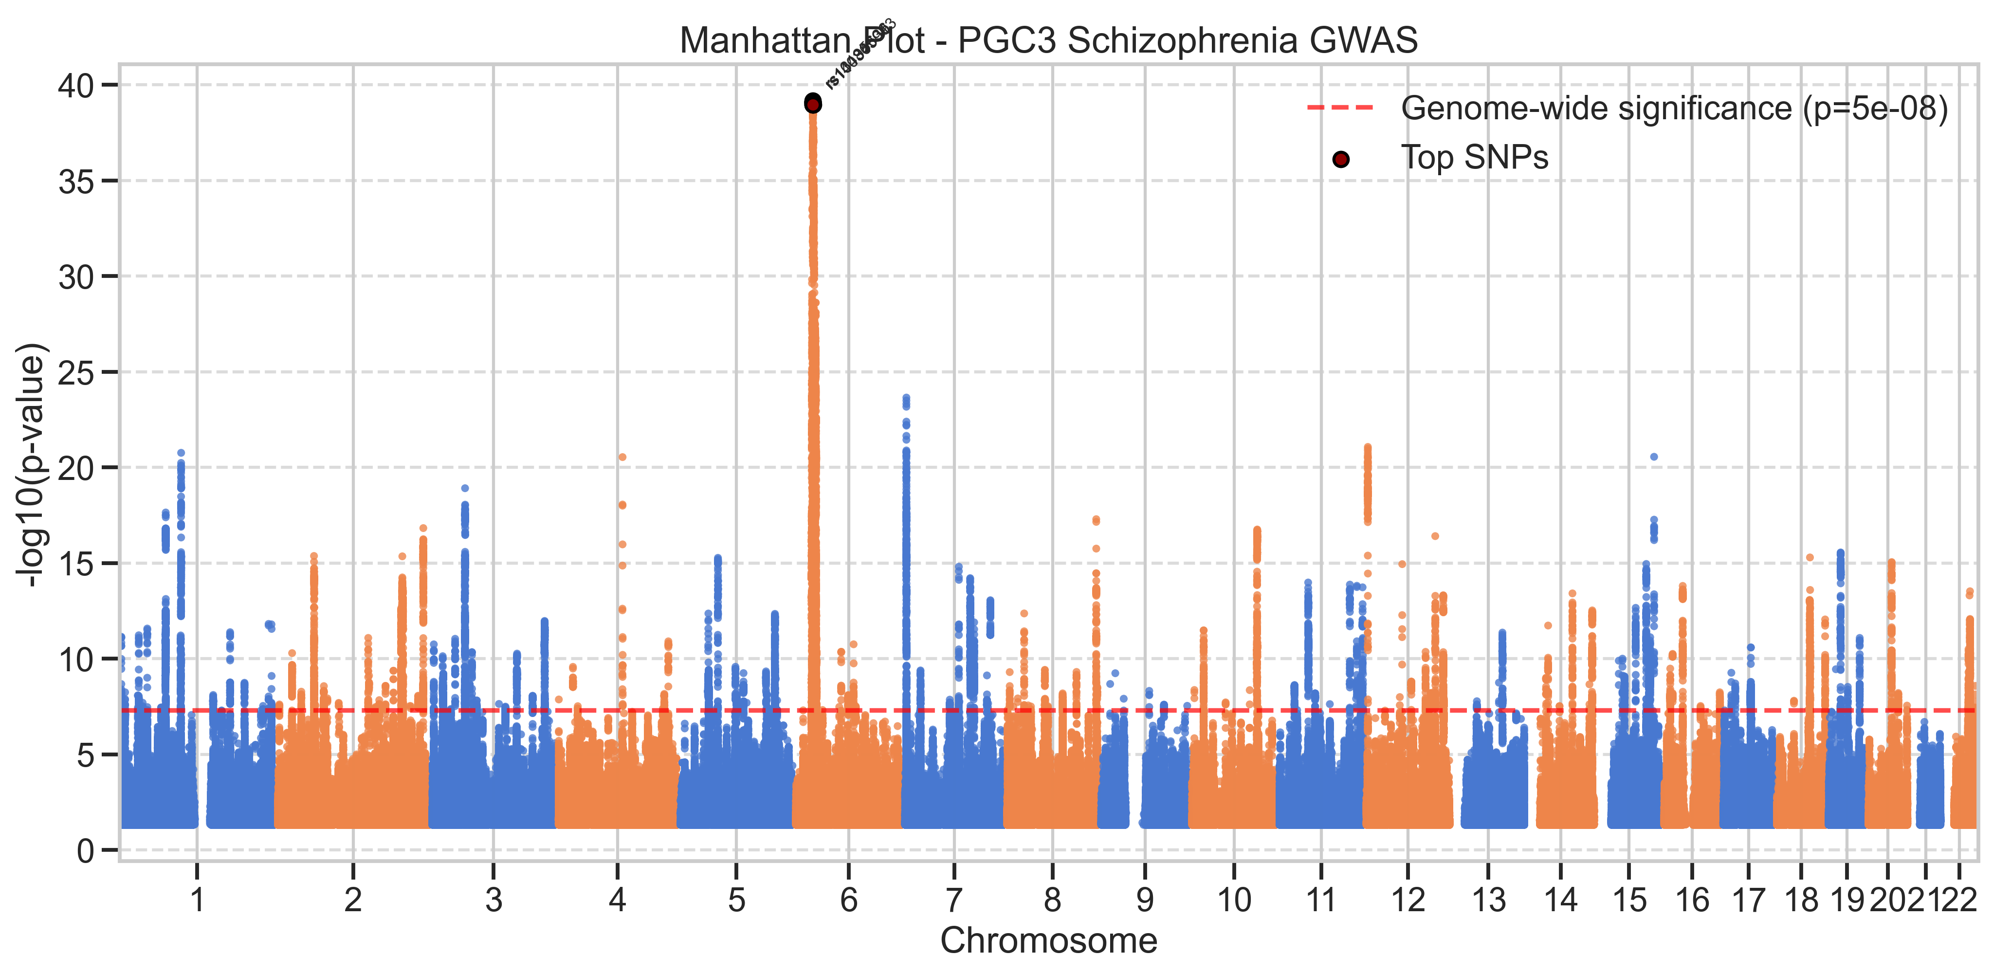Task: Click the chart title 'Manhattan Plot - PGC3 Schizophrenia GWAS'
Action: click(1048, 40)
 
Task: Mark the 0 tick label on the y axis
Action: click(85, 851)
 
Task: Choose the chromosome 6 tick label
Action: click(849, 900)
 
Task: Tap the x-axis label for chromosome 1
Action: click(197, 900)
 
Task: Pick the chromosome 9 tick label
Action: click(1145, 900)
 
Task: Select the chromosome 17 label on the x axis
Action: click(1749, 900)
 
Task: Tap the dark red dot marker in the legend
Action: click(1341, 159)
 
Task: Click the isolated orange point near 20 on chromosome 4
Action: click(622, 457)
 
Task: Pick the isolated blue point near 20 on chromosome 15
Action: click(1654, 457)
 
